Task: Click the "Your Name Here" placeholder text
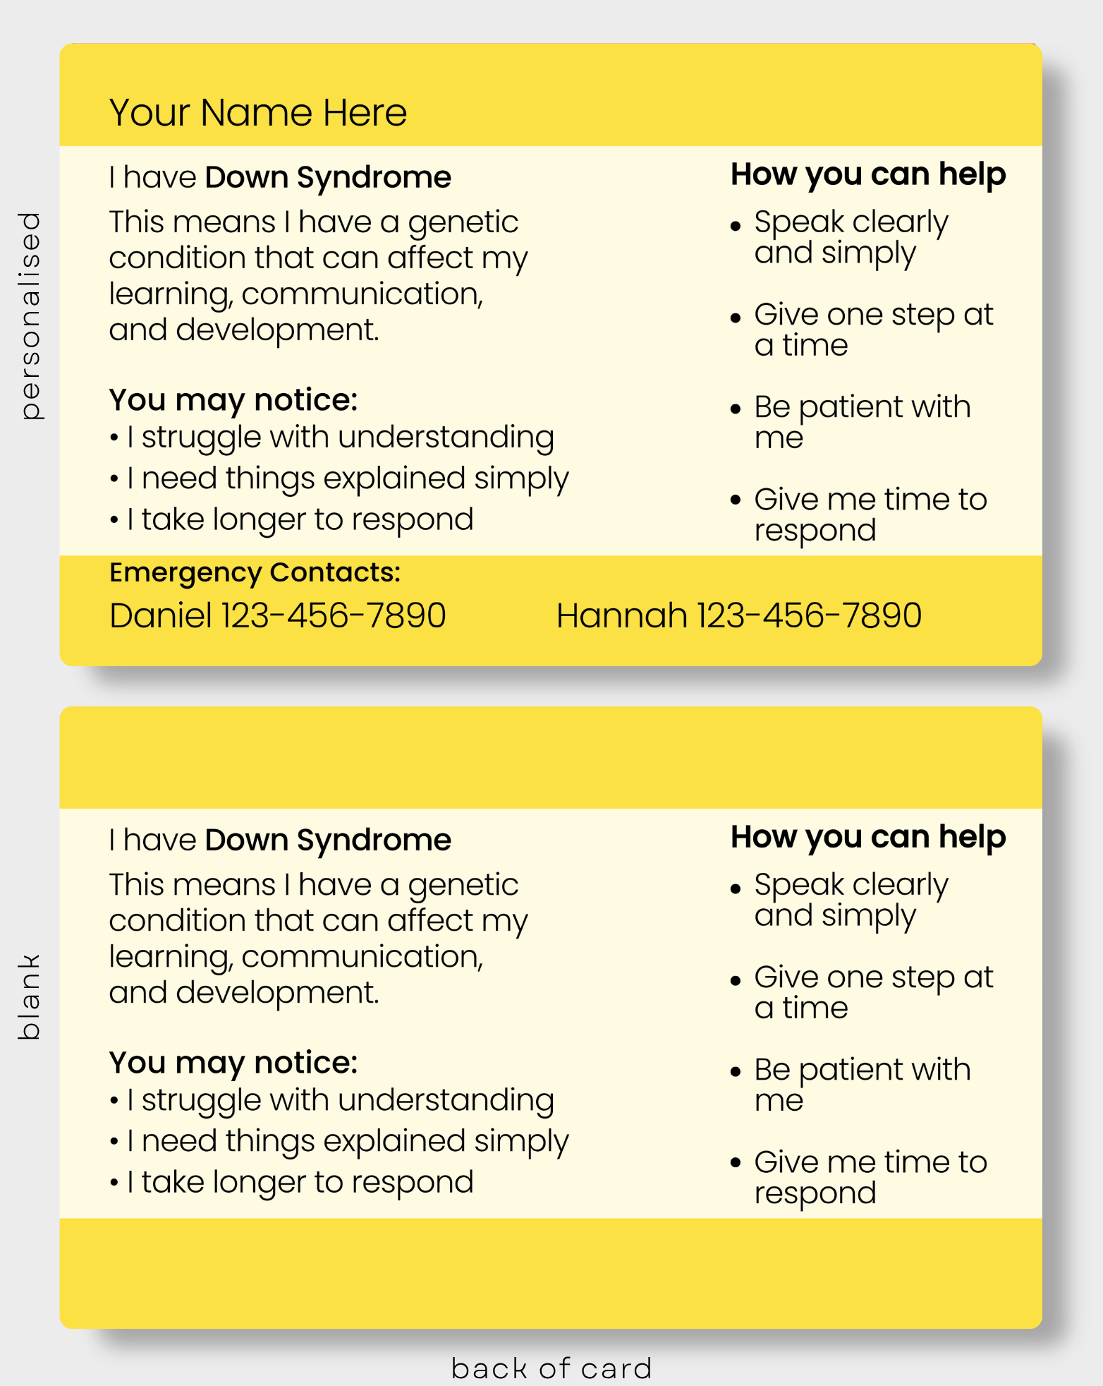(258, 113)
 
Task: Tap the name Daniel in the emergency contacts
(161, 615)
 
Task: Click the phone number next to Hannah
(810, 615)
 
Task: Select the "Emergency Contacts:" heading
(255, 573)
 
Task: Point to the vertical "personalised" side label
(30, 315)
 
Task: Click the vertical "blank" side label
(29, 997)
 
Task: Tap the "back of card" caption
(551, 1368)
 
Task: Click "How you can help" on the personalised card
(868, 175)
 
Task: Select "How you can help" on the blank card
(868, 838)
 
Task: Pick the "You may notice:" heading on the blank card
(233, 1063)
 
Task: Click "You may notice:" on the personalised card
(233, 400)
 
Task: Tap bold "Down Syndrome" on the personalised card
(328, 178)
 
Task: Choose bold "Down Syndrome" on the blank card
(328, 840)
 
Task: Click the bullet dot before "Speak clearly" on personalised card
(736, 227)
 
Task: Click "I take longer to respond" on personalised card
(300, 520)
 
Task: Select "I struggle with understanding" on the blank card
(341, 1101)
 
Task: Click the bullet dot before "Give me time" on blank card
(736, 1163)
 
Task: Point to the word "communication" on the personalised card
(362, 294)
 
